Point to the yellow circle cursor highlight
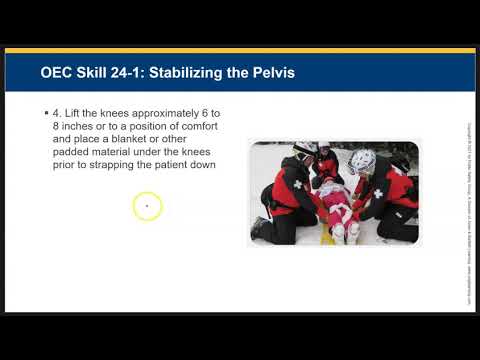tap(147, 207)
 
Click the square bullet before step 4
tap(46, 117)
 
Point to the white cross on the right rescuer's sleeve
tap(378, 193)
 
